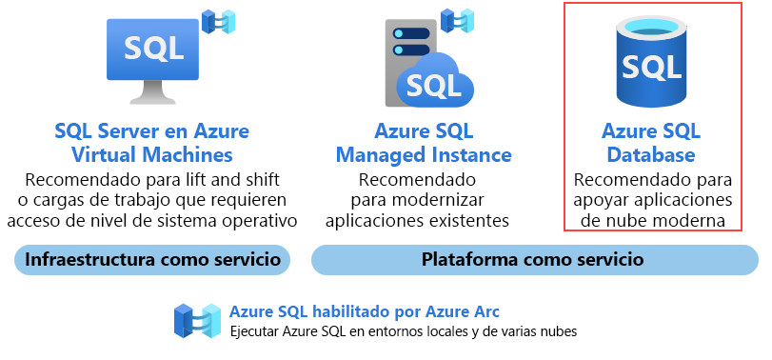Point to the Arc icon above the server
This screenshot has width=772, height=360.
[x=458, y=18]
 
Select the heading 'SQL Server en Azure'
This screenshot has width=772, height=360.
[x=152, y=131]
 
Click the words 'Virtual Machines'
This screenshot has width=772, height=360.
[x=152, y=154]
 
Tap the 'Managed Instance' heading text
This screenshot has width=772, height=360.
[x=424, y=154]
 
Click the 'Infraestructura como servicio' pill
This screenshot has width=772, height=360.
[x=152, y=259]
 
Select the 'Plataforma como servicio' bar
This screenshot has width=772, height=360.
[x=534, y=259]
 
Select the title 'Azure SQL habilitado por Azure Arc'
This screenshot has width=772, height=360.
[x=365, y=311]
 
